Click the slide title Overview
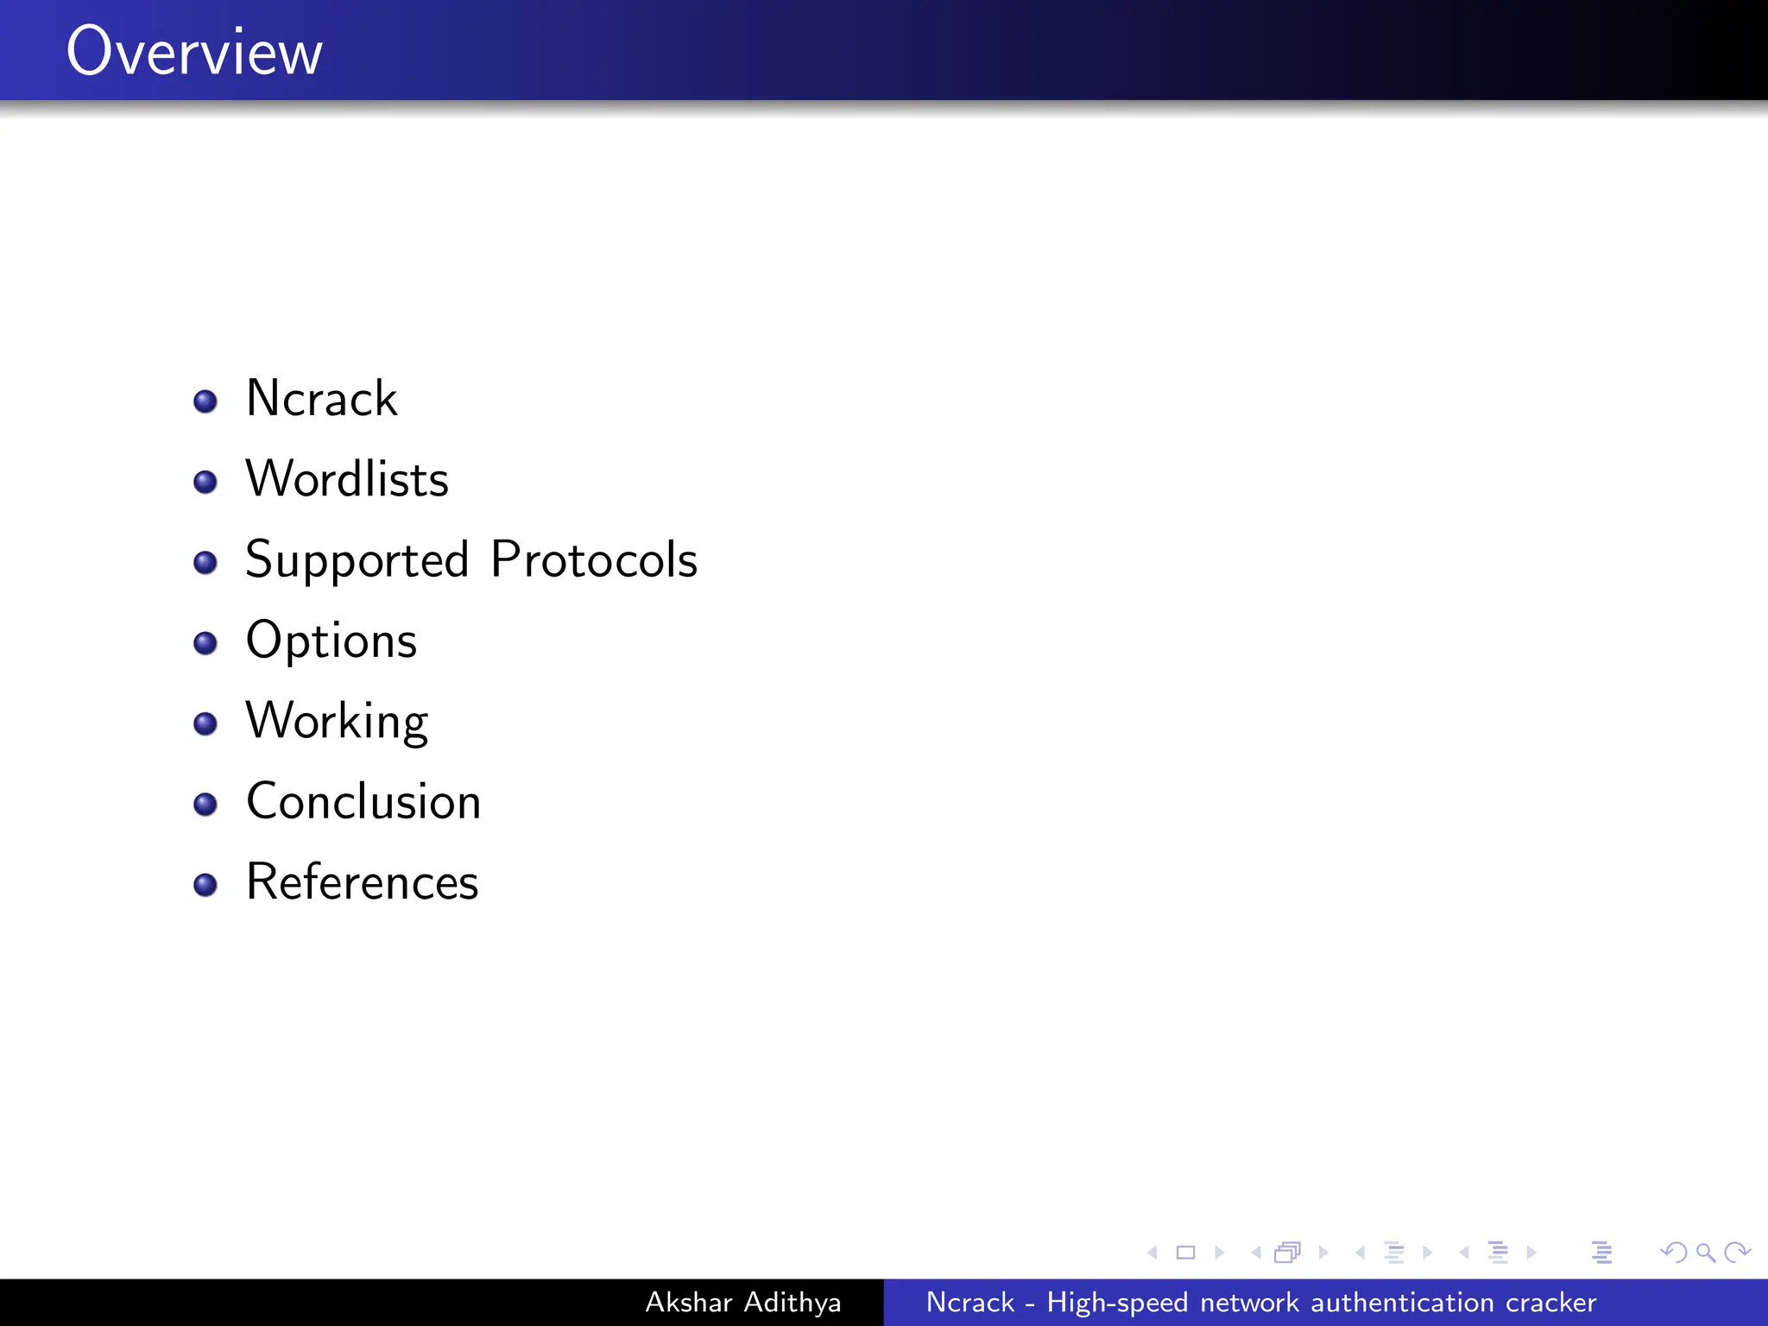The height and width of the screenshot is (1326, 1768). (194, 52)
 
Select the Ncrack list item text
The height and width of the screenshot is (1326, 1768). (321, 399)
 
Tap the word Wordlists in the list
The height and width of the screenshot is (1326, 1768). (347, 479)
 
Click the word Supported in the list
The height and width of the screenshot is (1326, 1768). (357, 561)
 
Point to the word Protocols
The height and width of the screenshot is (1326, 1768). (594, 559)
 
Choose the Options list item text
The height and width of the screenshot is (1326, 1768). (331, 641)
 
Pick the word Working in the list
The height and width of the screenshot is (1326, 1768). (337, 722)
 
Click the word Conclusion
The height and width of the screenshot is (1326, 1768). (363, 802)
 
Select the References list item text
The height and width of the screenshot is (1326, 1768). (363, 882)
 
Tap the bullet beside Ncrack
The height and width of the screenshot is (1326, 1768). (205, 401)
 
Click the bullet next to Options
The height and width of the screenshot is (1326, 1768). (205, 643)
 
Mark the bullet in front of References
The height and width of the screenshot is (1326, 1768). (205, 885)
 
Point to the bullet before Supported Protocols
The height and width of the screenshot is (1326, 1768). (205, 563)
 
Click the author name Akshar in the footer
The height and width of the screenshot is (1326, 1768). (689, 1302)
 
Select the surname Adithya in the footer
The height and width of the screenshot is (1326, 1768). (792, 1302)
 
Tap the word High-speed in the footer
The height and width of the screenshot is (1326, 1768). (1117, 1302)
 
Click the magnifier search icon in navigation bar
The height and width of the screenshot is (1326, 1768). (1705, 1252)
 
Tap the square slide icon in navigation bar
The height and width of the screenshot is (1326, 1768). (1186, 1252)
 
